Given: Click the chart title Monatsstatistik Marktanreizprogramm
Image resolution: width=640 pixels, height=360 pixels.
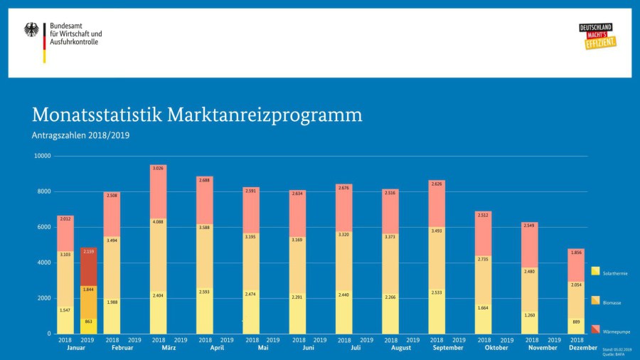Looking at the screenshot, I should click(197, 115).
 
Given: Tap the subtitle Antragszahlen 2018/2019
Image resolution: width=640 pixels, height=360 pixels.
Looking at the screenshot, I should click(80, 135).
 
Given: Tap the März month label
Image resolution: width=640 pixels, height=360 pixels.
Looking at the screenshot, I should click(169, 348).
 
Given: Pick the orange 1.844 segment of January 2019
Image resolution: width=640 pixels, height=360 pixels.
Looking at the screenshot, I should click(89, 298).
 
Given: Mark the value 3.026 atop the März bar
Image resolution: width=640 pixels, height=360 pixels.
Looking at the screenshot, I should click(159, 169).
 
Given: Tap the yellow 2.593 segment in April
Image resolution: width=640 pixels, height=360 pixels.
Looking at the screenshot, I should click(205, 310).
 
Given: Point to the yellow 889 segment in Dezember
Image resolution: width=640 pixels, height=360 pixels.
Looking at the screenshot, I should click(576, 325).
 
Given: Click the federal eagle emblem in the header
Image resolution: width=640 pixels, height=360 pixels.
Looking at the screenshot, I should click(32, 30).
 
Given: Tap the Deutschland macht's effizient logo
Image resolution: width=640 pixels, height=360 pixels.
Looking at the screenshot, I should click(597, 36).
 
